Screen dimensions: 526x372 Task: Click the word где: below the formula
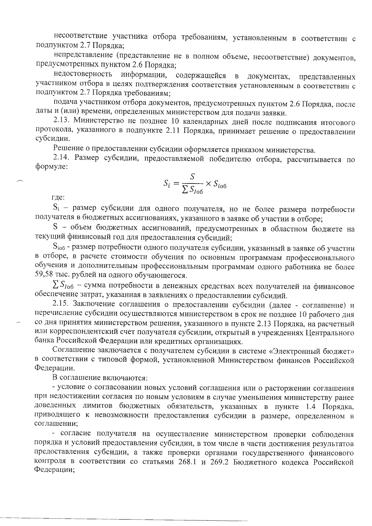tap(58, 197)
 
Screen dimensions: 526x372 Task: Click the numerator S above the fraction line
tap(192, 177)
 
